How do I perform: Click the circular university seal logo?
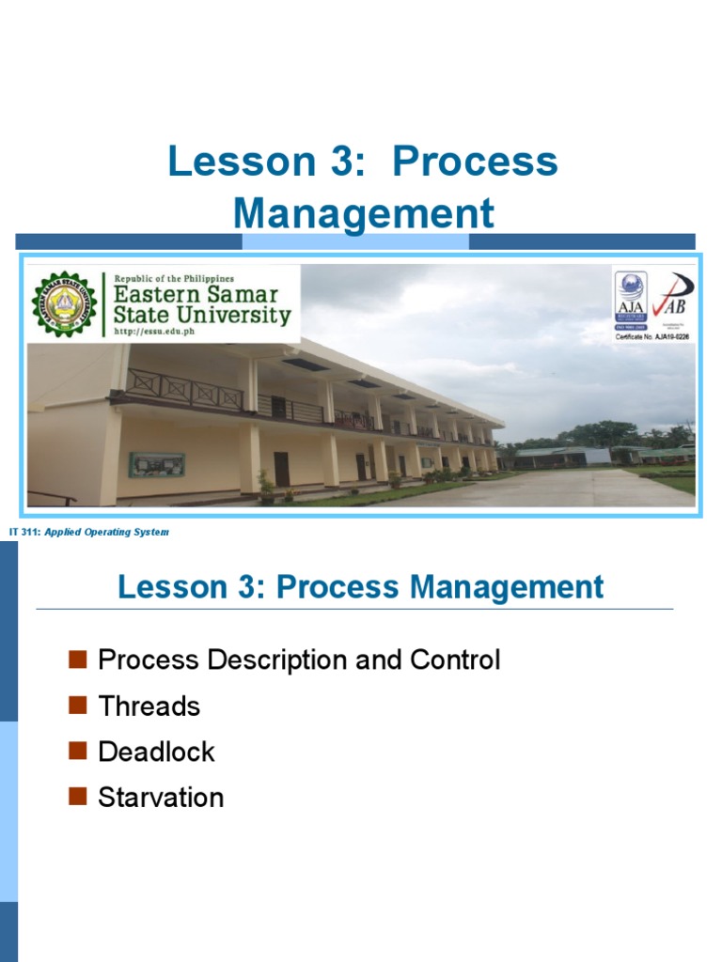pos(63,304)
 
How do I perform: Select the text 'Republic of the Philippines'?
pos(174,278)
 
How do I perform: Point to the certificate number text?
pos(653,335)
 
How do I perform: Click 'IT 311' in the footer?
pos(24,533)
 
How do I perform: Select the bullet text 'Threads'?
pos(149,706)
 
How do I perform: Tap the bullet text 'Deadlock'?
pos(156,752)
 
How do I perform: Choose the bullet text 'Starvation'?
pos(161,798)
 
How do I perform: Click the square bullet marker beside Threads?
pos(78,706)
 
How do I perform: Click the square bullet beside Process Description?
pos(78,659)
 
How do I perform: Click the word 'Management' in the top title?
pos(363,213)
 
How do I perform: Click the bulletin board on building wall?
pos(156,464)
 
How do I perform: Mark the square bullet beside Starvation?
pos(78,798)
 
